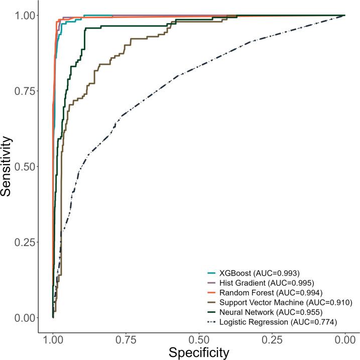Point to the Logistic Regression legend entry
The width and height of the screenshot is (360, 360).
[x=274, y=321]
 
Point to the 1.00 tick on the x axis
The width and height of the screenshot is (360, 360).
[x=53, y=340]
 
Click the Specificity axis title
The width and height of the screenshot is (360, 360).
[x=199, y=352]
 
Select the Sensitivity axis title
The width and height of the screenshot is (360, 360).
[x=8, y=167]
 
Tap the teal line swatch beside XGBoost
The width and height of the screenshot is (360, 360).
[x=212, y=273]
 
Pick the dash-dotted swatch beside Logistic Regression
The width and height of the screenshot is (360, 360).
[x=212, y=321]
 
